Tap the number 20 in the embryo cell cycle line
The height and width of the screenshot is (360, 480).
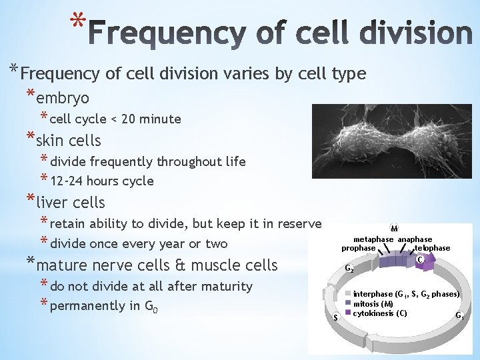click(x=128, y=119)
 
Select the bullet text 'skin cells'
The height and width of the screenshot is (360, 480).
click(x=68, y=141)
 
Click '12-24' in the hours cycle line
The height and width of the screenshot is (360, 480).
click(x=68, y=181)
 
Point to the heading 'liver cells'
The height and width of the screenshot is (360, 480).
click(x=70, y=202)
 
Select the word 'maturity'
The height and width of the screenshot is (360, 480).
click(x=227, y=287)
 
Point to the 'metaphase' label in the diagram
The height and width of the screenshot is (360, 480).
click(x=373, y=239)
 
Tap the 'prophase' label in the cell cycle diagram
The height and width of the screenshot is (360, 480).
click(x=358, y=248)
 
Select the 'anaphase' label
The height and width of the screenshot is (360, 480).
click(x=415, y=239)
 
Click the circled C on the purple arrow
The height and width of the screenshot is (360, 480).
click(x=421, y=259)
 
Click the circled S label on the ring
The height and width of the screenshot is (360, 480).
click(x=335, y=317)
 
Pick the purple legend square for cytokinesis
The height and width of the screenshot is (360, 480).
click(x=349, y=313)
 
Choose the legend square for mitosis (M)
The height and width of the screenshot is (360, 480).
click(x=349, y=303)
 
